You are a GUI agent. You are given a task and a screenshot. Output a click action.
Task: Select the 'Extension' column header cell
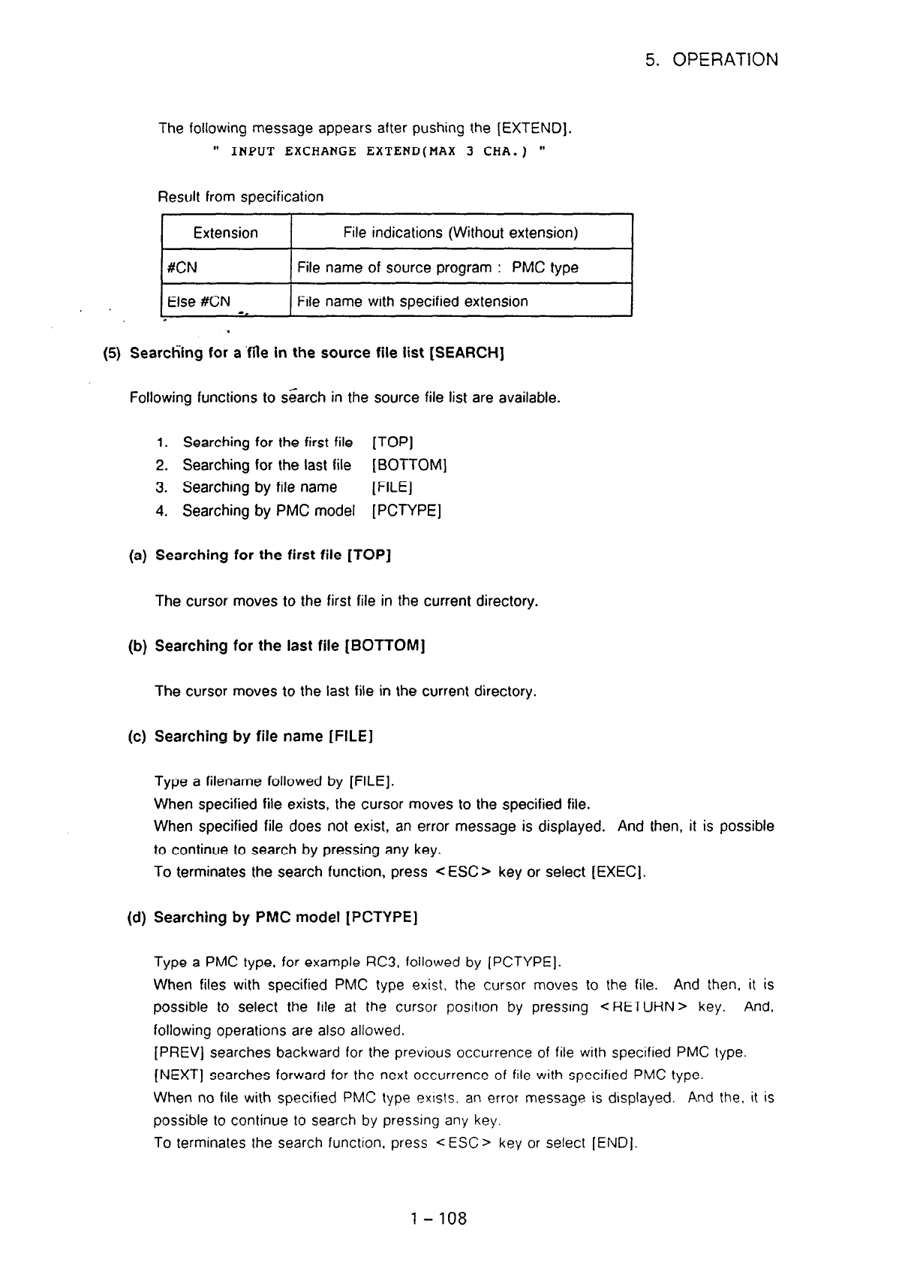225,233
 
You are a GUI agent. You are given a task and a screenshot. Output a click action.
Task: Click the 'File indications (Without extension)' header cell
460,233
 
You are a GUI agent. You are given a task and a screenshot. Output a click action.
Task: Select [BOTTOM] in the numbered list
410,466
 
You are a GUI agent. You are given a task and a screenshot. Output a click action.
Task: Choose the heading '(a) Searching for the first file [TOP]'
260,556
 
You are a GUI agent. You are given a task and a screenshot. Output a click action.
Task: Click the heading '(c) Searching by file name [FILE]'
251,737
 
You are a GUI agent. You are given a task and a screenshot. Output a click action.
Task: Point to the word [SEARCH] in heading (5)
466,354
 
